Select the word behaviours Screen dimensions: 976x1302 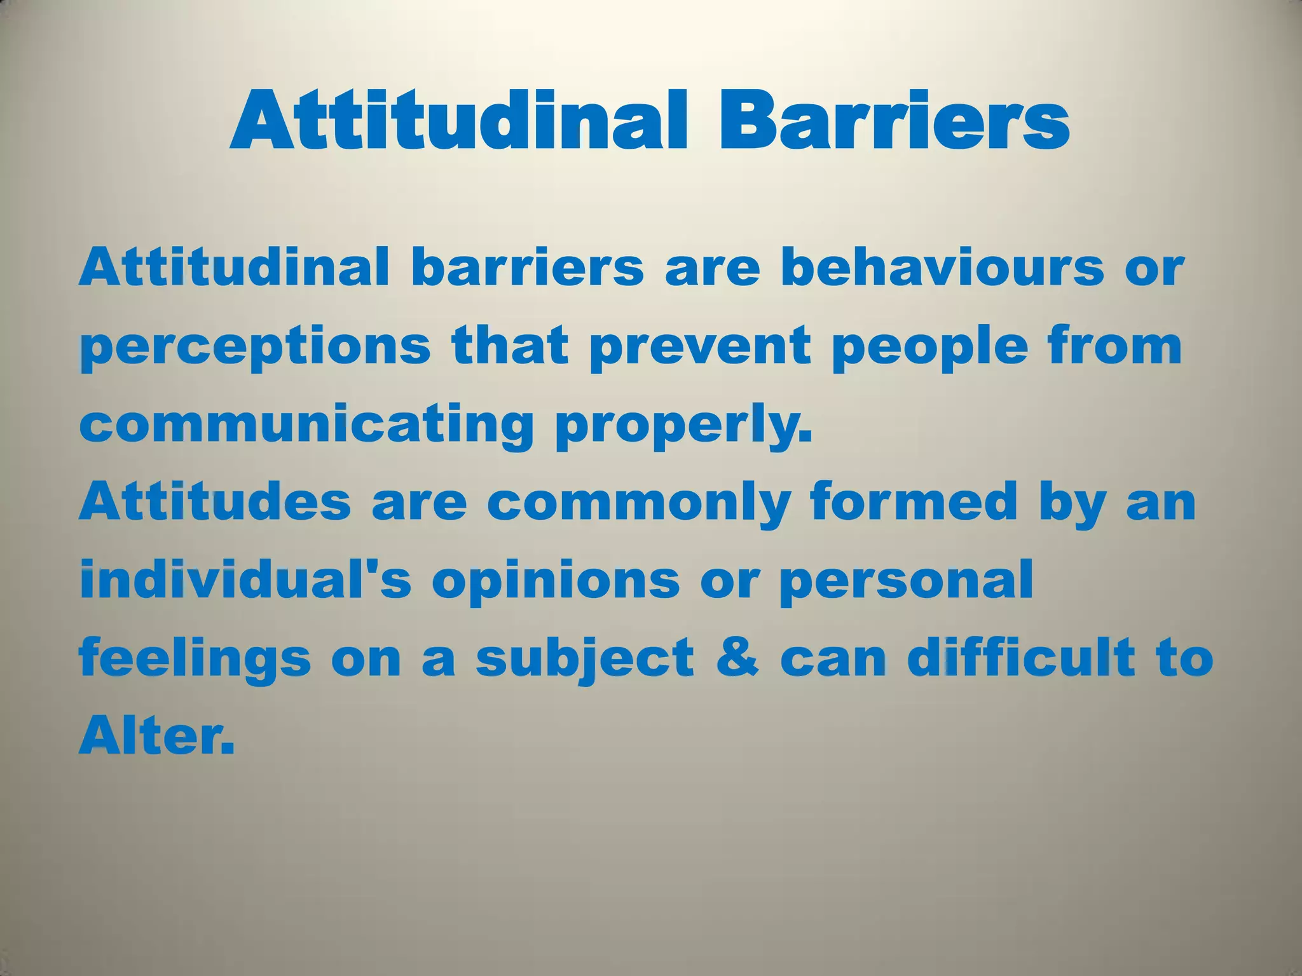(942, 268)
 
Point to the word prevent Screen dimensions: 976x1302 (700, 346)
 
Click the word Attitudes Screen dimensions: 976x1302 (214, 502)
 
